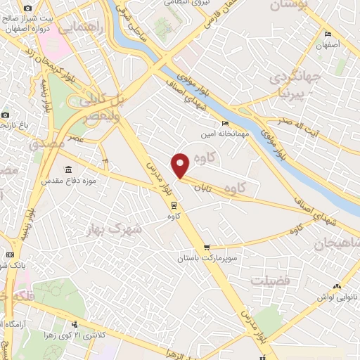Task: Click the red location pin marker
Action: [181, 165]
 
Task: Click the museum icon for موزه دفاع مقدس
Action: [67, 169]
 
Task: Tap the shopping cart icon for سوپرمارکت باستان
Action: [206, 247]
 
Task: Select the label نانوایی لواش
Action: [337, 297]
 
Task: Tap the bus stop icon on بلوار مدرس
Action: [173, 205]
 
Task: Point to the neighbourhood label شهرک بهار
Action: [113, 229]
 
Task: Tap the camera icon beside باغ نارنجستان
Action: [5, 115]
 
